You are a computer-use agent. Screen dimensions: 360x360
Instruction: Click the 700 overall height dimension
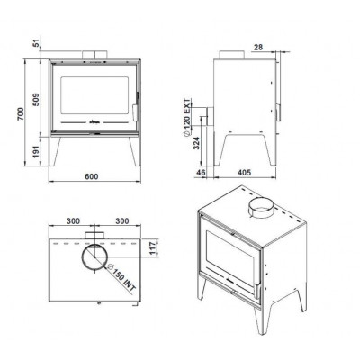[x=21, y=113]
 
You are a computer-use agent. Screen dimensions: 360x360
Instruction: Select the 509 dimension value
[x=36, y=100]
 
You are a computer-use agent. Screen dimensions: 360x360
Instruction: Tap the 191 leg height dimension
[x=36, y=152]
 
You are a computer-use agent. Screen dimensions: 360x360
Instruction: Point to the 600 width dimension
[x=91, y=176]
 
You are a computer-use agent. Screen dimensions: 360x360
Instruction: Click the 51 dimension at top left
[x=37, y=43]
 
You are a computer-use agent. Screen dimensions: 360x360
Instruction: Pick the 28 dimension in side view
[x=258, y=47]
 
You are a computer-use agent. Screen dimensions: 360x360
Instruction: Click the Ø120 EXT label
[x=187, y=117]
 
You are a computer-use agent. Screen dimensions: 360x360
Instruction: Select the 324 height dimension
[x=196, y=144]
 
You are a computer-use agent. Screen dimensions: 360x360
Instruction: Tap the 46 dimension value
[x=201, y=173]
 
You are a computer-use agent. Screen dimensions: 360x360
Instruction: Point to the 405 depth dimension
[x=244, y=173]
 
